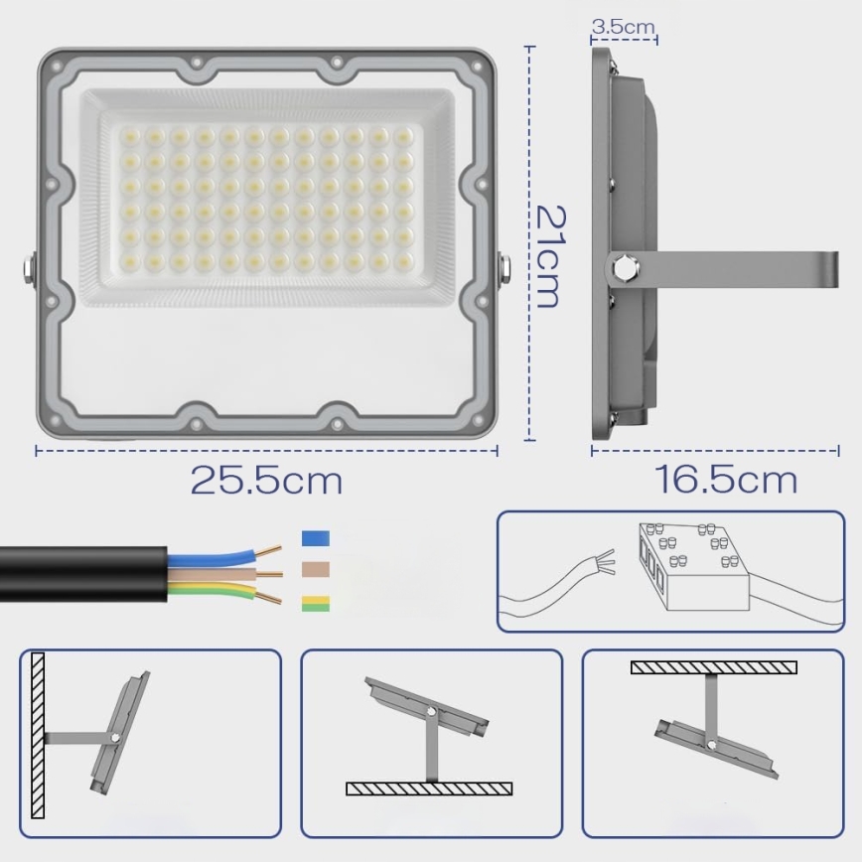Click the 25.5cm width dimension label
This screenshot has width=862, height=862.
pyautogui.click(x=266, y=481)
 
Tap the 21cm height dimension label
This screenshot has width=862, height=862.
pyautogui.click(x=548, y=255)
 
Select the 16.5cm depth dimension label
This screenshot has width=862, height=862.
pyautogui.click(x=725, y=480)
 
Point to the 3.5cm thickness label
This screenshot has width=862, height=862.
pyautogui.click(x=623, y=27)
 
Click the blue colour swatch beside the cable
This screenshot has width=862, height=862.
pyautogui.click(x=315, y=539)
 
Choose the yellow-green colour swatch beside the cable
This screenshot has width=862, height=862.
pyautogui.click(x=315, y=603)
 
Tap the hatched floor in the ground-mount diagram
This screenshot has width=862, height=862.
pyautogui.click(x=429, y=789)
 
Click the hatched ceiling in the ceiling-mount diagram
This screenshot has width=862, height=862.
pyautogui.click(x=713, y=666)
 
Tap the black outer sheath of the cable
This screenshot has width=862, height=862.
pyautogui.click(x=79, y=573)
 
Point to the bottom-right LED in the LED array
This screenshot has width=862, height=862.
pyautogui.click(x=403, y=261)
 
